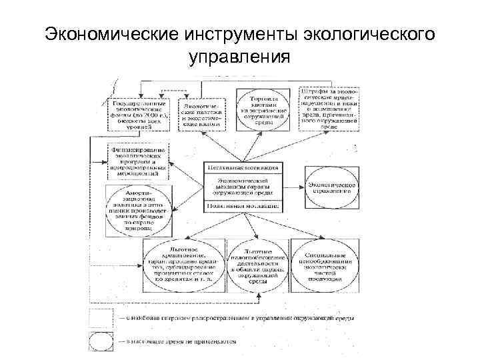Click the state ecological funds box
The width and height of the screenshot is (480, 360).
138,114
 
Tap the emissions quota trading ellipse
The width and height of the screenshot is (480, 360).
261,109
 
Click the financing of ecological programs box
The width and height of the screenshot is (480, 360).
138,161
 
